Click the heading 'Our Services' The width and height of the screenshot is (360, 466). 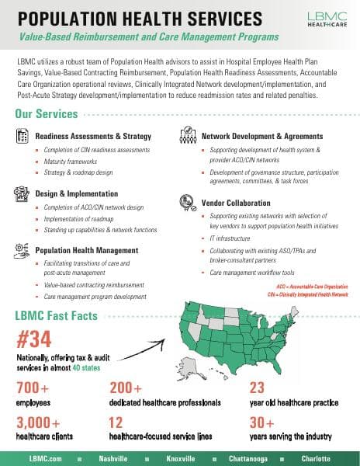(47, 114)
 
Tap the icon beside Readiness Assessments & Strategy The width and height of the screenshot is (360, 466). (22, 135)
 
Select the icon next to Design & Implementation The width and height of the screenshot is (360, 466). (22, 193)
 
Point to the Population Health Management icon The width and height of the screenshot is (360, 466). (22, 249)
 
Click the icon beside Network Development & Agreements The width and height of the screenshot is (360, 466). (186, 134)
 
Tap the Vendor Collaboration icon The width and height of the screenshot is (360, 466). (186, 201)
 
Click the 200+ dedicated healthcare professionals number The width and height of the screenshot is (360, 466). (126, 387)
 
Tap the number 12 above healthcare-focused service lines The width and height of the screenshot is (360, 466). (116, 423)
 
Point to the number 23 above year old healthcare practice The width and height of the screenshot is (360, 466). (257, 387)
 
